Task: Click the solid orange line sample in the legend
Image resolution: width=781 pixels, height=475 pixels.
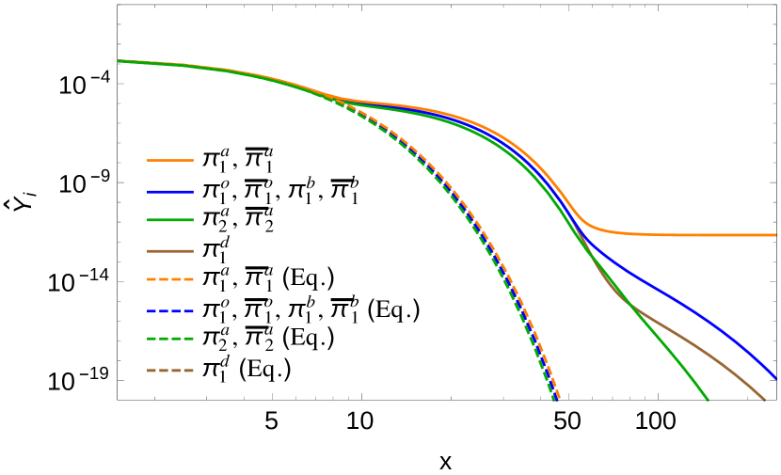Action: [170, 160]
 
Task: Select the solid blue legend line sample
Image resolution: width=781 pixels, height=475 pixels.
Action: [170, 192]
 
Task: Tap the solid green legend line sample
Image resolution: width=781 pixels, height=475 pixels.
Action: [170, 220]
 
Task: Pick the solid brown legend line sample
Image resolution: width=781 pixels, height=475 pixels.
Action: [170, 251]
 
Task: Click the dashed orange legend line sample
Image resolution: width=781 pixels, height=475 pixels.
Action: [170, 279]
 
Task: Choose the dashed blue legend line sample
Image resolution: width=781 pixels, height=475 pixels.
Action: [170, 311]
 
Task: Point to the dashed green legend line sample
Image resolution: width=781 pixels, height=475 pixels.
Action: [170, 339]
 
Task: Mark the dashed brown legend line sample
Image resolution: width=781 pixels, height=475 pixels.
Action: [170, 371]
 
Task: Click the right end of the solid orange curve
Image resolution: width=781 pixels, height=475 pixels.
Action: [774, 235]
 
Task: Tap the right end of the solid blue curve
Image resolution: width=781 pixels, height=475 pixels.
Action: [774, 377]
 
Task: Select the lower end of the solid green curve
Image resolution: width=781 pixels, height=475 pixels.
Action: [707, 399]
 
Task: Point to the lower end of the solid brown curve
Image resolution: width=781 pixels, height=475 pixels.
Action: [764, 399]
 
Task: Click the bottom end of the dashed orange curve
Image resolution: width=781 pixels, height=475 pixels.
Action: [559, 399]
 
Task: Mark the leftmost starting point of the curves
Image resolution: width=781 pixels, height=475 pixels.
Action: [120, 61]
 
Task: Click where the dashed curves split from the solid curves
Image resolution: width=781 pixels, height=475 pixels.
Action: [329, 97]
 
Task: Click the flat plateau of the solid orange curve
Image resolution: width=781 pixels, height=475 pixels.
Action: [696, 235]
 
